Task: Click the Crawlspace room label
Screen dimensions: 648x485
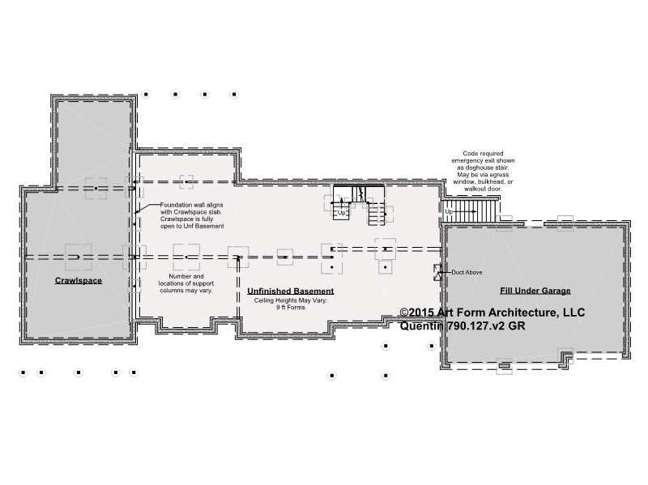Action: coord(79,280)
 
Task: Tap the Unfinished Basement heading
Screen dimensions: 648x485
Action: coord(291,291)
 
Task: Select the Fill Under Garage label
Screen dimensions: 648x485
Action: coord(535,291)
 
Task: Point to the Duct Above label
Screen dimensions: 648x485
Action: coord(467,272)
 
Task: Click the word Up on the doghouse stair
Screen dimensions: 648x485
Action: coord(449,211)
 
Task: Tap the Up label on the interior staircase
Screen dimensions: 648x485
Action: coord(341,213)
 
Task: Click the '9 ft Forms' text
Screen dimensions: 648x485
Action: coord(291,308)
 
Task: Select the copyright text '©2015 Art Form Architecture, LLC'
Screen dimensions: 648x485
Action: coord(492,313)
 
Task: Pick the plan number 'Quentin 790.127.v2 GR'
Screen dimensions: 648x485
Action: coord(463,325)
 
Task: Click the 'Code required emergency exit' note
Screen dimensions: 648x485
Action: coord(483,171)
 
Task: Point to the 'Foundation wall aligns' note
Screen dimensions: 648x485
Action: coord(192,215)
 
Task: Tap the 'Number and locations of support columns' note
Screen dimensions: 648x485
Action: coord(186,283)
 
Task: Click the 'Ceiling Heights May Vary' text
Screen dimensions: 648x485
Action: coord(291,300)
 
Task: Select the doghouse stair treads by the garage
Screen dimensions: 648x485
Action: coord(469,211)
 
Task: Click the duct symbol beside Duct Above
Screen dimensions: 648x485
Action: coord(437,273)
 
